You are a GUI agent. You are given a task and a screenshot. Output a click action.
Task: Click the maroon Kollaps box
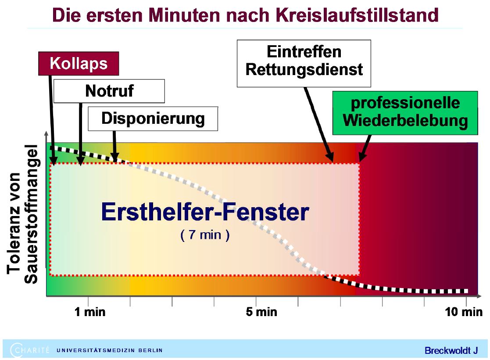click(79, 64)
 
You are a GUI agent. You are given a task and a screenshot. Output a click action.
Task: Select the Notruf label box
click(109, 91)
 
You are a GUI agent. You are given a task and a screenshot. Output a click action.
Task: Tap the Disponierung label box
click(153, 119)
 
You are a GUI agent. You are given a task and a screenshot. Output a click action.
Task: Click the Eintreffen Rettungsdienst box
click(304, 63)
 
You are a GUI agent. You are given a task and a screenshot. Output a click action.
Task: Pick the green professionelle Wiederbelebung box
click(405, 113)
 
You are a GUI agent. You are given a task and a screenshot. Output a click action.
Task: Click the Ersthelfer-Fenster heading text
click(205, 212)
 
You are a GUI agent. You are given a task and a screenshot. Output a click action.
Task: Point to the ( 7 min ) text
click(205, 234)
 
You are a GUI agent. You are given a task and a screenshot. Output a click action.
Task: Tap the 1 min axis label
click(90, 312)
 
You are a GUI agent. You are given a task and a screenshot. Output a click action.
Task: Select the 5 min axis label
click(261, 312)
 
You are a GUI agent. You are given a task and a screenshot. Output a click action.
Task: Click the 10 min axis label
click(464, 312)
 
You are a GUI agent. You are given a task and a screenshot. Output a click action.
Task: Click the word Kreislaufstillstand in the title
click(358, 15)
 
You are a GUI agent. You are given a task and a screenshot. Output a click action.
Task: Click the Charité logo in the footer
click(29, 350)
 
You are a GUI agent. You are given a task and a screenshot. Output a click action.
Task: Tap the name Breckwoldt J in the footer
click(451, 350)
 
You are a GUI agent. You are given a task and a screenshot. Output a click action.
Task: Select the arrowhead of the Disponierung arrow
click(115, 157)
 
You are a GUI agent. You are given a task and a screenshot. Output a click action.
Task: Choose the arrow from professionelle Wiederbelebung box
click(365, 148)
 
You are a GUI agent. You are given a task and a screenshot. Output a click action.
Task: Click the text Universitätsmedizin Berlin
click(109, 350)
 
